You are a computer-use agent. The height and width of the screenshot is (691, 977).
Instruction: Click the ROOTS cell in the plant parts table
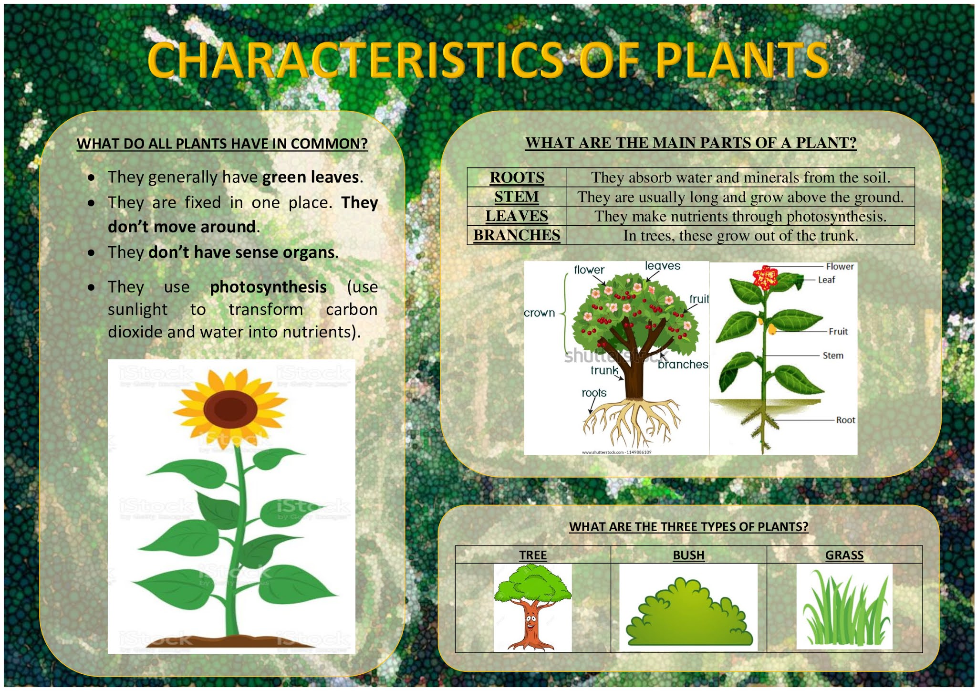pos(517,178)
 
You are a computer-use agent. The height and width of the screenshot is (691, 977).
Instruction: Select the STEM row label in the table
pos(517,197)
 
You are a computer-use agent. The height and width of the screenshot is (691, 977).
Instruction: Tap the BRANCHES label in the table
pos(517,235)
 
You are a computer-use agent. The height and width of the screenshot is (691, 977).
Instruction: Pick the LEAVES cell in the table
pos(517,216)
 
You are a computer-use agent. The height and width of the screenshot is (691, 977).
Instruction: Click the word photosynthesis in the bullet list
pos(268,287)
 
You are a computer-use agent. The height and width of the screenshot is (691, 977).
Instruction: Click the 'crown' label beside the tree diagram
pos(540,313)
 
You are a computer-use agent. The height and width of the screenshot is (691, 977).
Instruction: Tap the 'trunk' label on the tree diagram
pos(604,370)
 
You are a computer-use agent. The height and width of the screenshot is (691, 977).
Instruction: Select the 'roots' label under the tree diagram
pos(594,393)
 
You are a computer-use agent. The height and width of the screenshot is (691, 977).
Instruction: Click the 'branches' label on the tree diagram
pos(683,365)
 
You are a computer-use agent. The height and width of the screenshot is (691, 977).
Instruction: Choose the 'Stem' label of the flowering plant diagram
pos(833,356)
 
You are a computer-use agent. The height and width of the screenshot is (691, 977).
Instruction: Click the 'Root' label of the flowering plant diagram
pos(845,420)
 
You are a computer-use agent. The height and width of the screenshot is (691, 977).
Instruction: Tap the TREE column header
pos(533,555)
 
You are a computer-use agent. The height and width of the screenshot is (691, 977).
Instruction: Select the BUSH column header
pos(688,555)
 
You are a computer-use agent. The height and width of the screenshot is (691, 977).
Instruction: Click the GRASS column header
pos(844,555)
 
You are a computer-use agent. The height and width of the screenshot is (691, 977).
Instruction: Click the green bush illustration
pos(688,616)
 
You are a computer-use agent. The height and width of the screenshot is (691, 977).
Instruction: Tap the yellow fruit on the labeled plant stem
pos(771,329)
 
